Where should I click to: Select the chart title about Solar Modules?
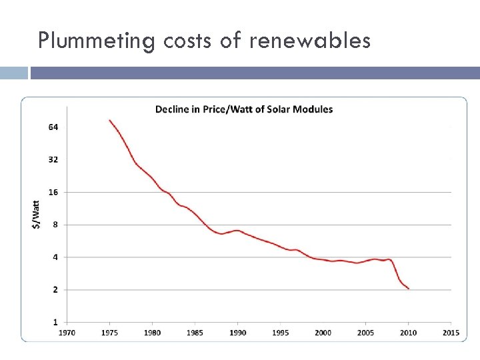tap(244, 109)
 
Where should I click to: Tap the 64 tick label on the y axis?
tap(53, 127)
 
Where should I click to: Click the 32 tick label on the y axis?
tap(53, 160)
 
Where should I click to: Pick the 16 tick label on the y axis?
tap(53, 193)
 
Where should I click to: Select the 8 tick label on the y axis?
tap(55, 225)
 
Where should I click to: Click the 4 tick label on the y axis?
tap(55, 257)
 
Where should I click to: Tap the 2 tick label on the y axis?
tap(55, 290)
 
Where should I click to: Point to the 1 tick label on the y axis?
tap(55, 322)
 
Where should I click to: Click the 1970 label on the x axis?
tap(67, 332)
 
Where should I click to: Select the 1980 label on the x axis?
tap(152, 332)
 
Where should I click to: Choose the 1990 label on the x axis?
tap(237, 332)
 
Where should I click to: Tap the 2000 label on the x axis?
tap(323, 332)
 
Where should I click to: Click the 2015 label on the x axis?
tap(451, 332)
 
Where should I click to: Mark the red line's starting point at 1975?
tap(110, 121)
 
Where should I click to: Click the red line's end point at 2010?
tap(408, 289)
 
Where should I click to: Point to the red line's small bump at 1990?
tap(237, 231)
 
